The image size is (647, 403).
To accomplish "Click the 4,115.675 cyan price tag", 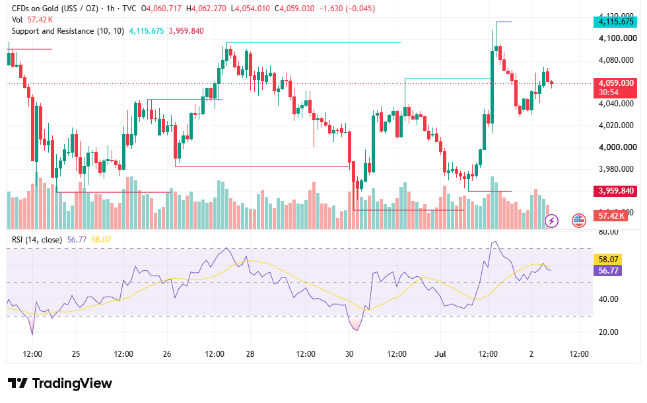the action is pos(615,22).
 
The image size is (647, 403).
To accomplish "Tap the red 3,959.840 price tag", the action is pos(615,191).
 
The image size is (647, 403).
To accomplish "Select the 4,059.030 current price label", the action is pos(615,83).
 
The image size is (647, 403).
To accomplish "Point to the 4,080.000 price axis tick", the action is pos(616,60).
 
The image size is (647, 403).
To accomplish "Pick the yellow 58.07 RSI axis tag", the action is pos(608,259).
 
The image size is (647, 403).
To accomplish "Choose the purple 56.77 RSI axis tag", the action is pos(608,270).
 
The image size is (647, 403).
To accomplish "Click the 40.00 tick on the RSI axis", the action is pos(608,299).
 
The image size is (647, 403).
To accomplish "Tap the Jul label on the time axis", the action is pos(440,354).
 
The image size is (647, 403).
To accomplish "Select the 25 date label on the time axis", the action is pos(76,354).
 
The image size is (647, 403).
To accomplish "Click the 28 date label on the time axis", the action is pos(250,354).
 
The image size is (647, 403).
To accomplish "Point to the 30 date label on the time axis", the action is pos(349,354).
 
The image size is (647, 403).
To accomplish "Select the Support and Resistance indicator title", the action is pos(68,31).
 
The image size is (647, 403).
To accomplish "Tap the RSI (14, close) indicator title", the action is pos(37,239).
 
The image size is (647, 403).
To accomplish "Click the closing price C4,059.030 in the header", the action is pos(294,8).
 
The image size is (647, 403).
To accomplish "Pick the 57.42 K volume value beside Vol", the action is pos(40,20).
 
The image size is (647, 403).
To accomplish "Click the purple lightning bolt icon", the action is pos(552,221).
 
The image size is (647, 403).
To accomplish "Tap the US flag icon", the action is pos(579,221).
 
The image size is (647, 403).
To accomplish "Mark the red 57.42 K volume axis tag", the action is pos(611,215).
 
